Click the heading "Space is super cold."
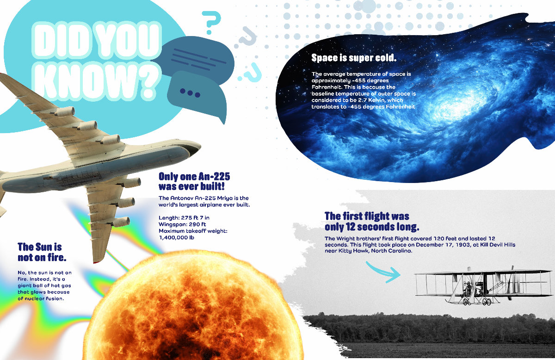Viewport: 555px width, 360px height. [x=354, y=58]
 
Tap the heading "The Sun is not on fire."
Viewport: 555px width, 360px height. [x=42, y=252]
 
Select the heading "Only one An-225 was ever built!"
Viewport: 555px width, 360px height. [x=194, y=181]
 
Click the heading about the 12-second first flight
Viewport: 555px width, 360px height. [x=372, y=221]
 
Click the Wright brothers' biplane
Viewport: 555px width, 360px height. [x=484, y=286]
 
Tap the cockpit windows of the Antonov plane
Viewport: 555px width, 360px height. [x=193, y=148]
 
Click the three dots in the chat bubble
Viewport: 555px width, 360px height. [x=190, y=93]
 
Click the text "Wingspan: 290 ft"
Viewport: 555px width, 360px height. [x=182, y=224]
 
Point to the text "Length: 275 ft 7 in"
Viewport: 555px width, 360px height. [x=184, y=218]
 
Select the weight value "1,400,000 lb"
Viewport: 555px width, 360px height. [x=176, y=238]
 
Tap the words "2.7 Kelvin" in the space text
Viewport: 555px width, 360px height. [x=372, y=100]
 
